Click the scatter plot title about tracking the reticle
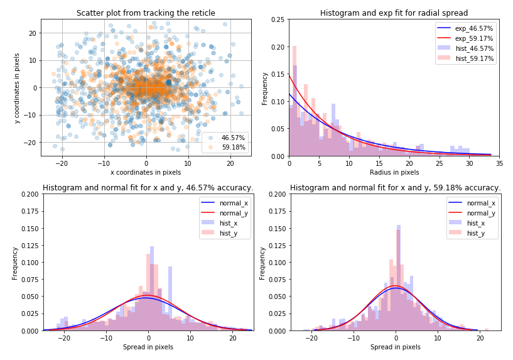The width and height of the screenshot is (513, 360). click(146, 13)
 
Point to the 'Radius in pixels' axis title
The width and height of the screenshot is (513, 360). click(394, 172)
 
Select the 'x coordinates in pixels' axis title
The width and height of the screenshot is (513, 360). click(146, 172)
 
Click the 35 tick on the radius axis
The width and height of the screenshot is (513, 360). click(499, 163)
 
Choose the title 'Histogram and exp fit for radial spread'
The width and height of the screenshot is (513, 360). click(394, 13)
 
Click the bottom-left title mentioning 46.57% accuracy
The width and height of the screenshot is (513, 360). click(148, 188)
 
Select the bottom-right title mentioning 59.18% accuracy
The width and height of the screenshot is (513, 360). click(395, 188)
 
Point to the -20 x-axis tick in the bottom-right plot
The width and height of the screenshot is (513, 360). click(311, 338)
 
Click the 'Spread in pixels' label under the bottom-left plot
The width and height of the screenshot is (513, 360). click(148, 347)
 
